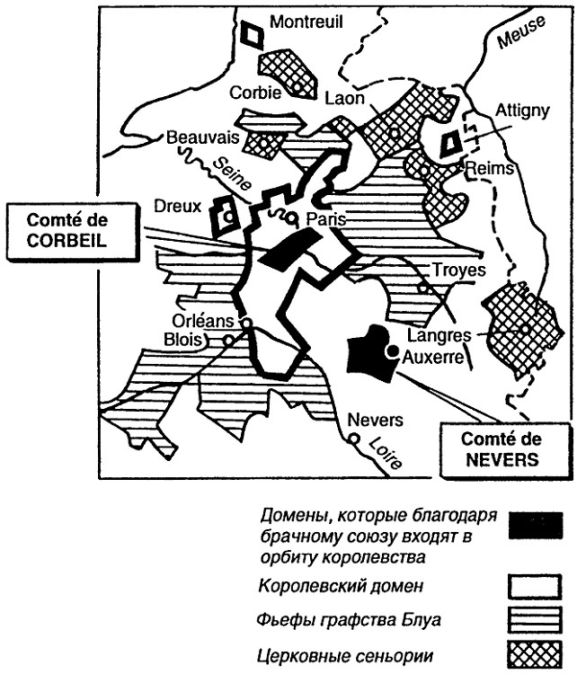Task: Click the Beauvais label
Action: click(200, 137)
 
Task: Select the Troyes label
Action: click(458, 270)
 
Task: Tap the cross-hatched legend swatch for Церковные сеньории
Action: click(536, 653)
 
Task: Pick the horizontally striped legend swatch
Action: click(536, 621)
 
